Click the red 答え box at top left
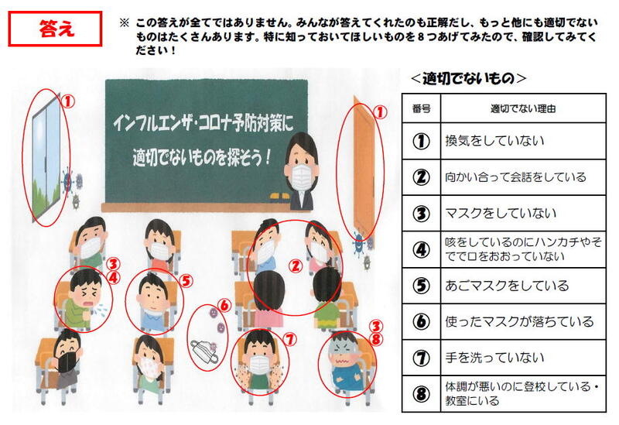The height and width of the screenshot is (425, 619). point(55,29)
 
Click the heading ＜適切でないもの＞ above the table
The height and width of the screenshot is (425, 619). point(468,78)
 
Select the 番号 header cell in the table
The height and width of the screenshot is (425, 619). point(421,108)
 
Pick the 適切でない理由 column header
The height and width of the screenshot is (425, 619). point(523,108)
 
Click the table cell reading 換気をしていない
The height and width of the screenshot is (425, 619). point(523,141)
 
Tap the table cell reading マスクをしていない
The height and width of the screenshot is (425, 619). point(523,214)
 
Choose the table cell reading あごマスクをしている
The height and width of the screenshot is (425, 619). point(523,286)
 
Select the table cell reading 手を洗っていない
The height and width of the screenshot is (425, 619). point(523,358)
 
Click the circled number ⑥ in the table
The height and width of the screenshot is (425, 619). point(421,321)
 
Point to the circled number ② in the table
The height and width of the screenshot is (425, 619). point(421,177)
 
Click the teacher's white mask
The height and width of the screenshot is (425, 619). point(302,175)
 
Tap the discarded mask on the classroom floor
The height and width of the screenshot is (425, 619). point(204,351)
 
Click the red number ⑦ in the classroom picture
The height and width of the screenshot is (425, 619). point(290,340)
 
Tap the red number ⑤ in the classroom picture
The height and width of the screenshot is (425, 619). point(186,281)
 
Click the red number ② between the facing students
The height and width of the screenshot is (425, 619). point(296,266)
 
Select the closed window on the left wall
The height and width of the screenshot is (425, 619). point(46,158)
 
